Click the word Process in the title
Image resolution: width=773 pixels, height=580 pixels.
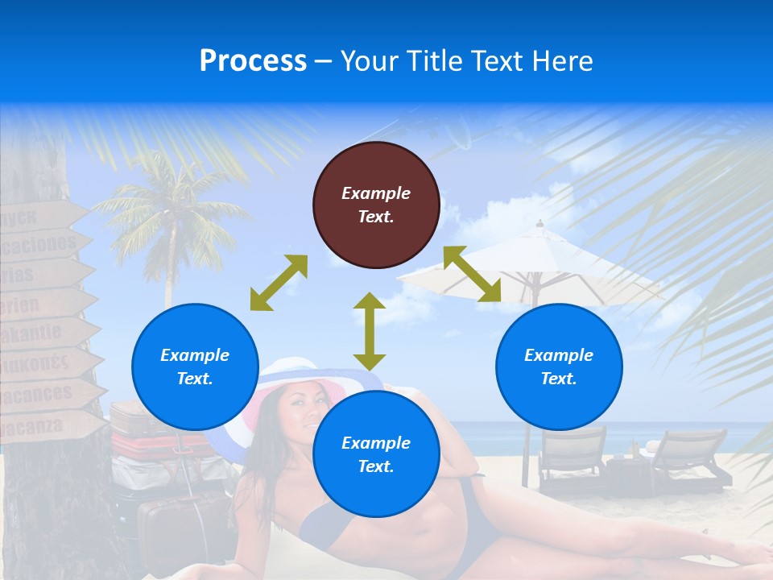click(253, 60)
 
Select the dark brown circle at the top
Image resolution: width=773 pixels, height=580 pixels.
click(376, 205)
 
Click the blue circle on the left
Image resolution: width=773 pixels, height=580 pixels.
click(195, 367)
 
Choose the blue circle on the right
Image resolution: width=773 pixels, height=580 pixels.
click(559, 367)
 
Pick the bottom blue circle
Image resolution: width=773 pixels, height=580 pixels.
click(376, 454)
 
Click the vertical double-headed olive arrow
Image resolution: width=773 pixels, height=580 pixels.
click(370, 331)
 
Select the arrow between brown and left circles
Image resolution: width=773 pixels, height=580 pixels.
click(279, 283)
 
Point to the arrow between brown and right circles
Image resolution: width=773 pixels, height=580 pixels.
click(473, 274)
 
